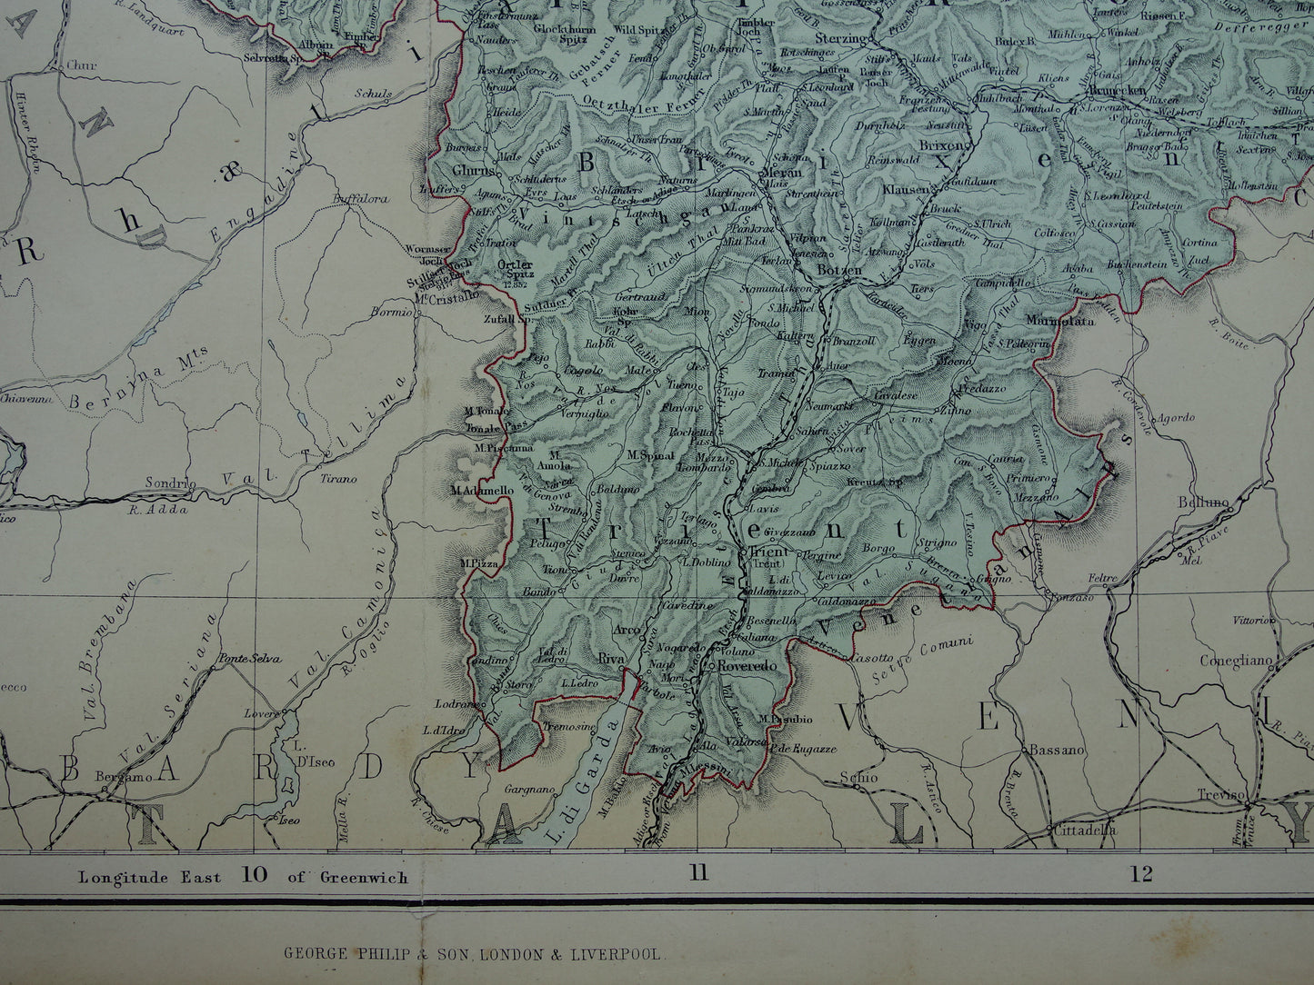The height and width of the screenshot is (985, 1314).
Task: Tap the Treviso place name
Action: [x=1220, y=795]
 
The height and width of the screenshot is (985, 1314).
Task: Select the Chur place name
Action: [x=80, y=65]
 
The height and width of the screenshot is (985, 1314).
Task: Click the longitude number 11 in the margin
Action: [x=697, y=874]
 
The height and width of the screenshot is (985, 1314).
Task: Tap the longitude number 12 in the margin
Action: [x=1142, y=874]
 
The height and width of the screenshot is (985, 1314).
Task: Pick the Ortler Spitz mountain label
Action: [x=515, y=271]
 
